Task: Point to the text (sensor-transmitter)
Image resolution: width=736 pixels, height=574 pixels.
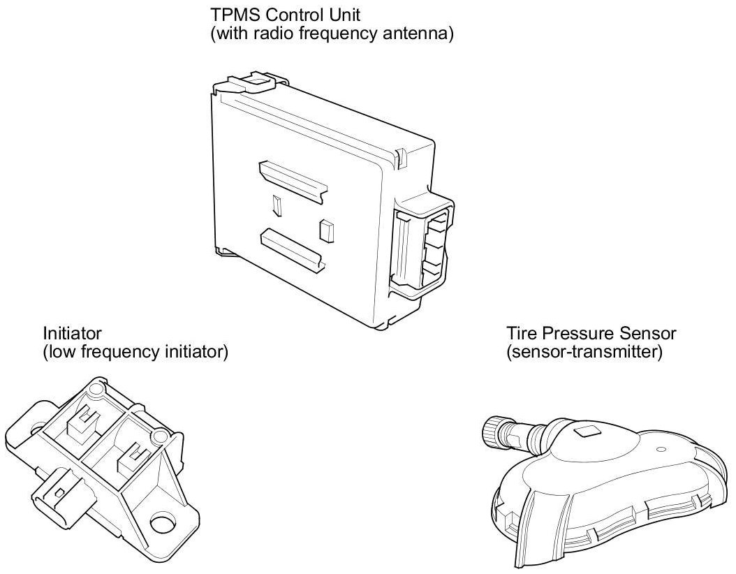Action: (x=584, y=352)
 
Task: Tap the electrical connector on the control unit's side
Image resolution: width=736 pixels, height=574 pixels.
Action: (x=422, y=247)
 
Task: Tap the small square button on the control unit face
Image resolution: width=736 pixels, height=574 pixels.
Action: (x=324, y=230)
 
